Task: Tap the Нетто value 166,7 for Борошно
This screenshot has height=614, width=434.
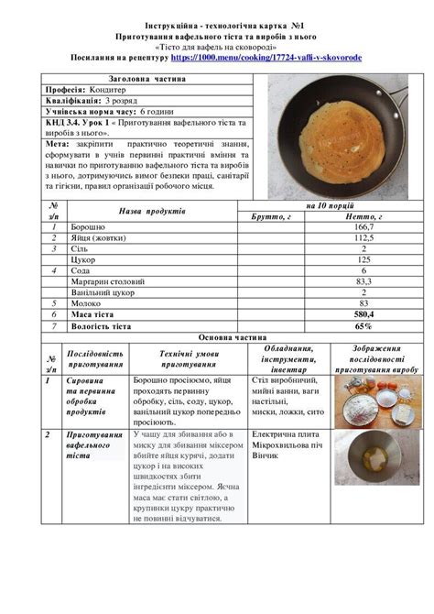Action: pyautogui.click(x=363, y=225)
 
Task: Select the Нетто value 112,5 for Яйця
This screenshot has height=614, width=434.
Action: pyautogui.click(x=363, y=236)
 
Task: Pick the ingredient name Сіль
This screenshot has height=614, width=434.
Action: pyautogui.click(x=80, y=248)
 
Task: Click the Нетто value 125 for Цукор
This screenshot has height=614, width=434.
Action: pyautogui.click(x=363, y=259)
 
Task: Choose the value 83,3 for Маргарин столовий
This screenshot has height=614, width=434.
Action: pyautogui.click(x=363, y=281)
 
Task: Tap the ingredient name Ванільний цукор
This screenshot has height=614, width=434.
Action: pyautogui.click(x=103, y=292)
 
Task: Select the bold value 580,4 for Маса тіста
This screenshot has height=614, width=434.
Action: pyautogui.click(x=363, y=314)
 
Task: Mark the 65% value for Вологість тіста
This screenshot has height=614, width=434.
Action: pyautogui.click(x=363, y=325)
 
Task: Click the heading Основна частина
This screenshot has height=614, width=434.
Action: pyautogui.click(x=217, y=337)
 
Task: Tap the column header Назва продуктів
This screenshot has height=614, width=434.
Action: pyautogui.click(x=151, y=211)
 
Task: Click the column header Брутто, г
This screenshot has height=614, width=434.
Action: pyautogui.click(x=270, y=215)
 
